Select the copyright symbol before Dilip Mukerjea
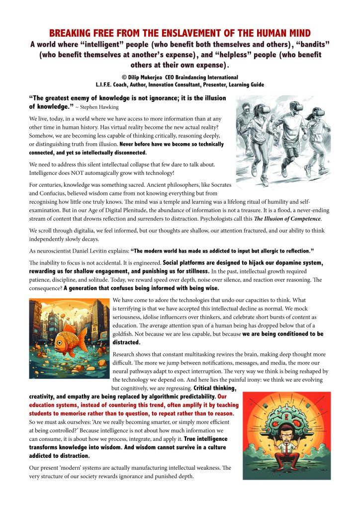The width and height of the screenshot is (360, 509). (124, 78)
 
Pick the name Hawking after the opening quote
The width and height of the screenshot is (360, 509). (108, 107)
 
